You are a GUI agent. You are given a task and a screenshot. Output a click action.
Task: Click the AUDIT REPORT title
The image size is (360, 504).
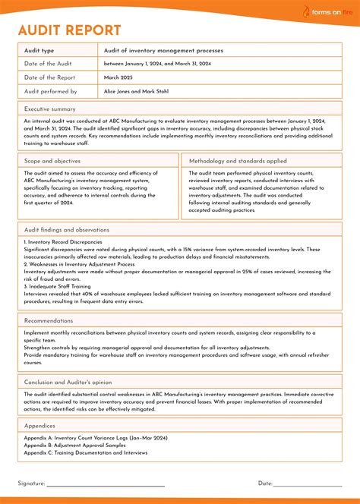point(69,30)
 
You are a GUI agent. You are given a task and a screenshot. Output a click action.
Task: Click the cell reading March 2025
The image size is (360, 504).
point(118,77)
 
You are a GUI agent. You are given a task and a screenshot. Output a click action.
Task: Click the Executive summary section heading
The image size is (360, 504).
point(49,109)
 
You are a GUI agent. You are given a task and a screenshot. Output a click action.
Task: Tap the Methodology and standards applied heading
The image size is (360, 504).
point(238,161)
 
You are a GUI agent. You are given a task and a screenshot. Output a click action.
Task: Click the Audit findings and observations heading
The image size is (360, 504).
point(67,229)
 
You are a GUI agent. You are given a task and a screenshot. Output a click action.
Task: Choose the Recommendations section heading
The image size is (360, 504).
point(49,321)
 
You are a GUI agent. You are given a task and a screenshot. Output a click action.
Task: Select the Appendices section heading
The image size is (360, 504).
point(39,426)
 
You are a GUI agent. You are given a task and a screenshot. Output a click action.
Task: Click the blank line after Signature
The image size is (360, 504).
point(106,484)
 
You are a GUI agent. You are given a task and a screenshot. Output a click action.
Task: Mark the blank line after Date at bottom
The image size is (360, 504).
point(307,484)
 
